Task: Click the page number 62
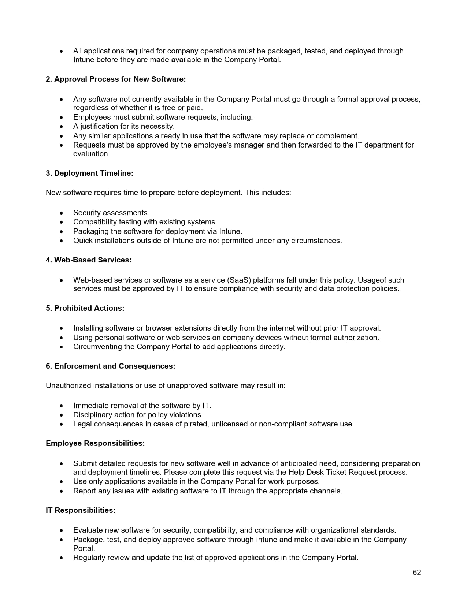click(x=416, y=573)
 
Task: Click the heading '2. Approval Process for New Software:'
click(x=116, y=79)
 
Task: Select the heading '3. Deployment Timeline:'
click(x=89, y=173)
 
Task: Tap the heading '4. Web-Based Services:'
click(x=89, y=260)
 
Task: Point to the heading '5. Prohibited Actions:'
click(x=85, y=308)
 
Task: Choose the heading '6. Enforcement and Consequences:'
click(x=110, y=366)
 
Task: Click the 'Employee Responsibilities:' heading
click(x=95, y=443)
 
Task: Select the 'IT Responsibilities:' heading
click(x=81, y=510)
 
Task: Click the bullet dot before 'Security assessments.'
click(x=62, y=213)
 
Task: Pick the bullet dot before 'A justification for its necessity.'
click(x=62, y=127)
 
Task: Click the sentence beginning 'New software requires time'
click(x=168, y=193)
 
